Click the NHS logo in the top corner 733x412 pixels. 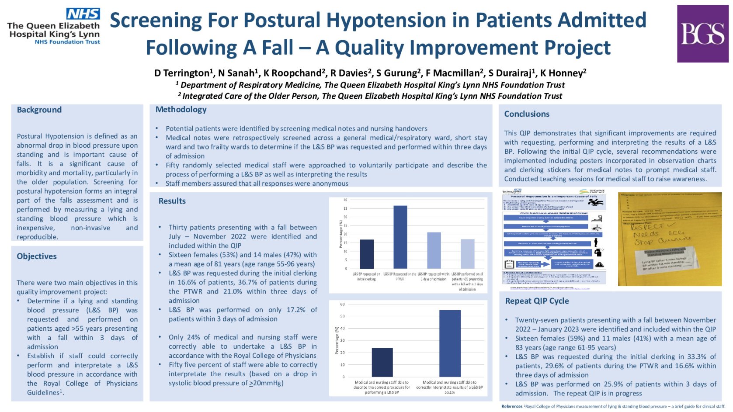click(83, 14)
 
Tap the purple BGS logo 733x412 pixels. click(702, 34)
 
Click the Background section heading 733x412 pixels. click(39, 110)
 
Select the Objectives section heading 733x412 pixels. click(37, 256)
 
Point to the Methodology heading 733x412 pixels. click(181, 110)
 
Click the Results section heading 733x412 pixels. click(172, 201)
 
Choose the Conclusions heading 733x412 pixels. click(527, 114)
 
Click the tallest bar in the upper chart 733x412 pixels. click(400, 237)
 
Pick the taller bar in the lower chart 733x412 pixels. click(450, 343)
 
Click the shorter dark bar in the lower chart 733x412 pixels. click(382, 362)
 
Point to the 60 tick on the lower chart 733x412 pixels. click(342, 304)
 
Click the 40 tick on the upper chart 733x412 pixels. click(345, 200)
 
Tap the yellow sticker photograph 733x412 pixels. click(670, 239)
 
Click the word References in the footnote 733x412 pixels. click(512, 406)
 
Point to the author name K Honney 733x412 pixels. click(563, 73)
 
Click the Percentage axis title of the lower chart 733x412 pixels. click(337, 340)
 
